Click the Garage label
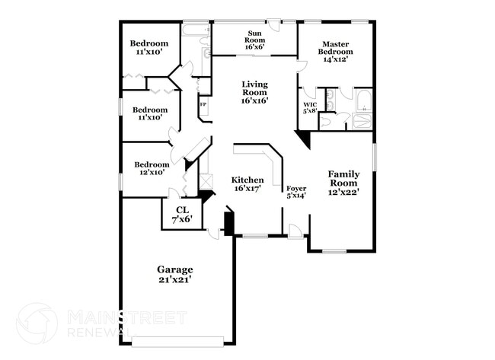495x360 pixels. tap(175, 269)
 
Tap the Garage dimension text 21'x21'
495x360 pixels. tap(175, 280)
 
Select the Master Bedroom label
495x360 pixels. tap(336, 49)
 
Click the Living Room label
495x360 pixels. tap(254, 88)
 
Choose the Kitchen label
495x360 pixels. tap(247, 180)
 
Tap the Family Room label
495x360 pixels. tap(343, 179)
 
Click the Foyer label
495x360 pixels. tap(295, 188)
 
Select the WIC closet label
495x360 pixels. tap(309, 104)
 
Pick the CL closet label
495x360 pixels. tap(182, 209)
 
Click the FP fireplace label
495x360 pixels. tap(203, 104)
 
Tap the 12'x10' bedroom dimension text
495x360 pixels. tap(152, 173)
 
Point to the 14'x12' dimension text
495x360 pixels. tap(336, 59)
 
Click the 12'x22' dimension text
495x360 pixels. tap(343, 193)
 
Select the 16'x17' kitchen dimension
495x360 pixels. tap(247, 189)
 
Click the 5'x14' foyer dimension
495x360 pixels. tap(295, 196)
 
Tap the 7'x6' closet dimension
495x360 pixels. tap(182, 219)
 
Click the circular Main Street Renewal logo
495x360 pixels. tap(37, 322)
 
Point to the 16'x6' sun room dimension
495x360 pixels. tap(254, 46)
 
